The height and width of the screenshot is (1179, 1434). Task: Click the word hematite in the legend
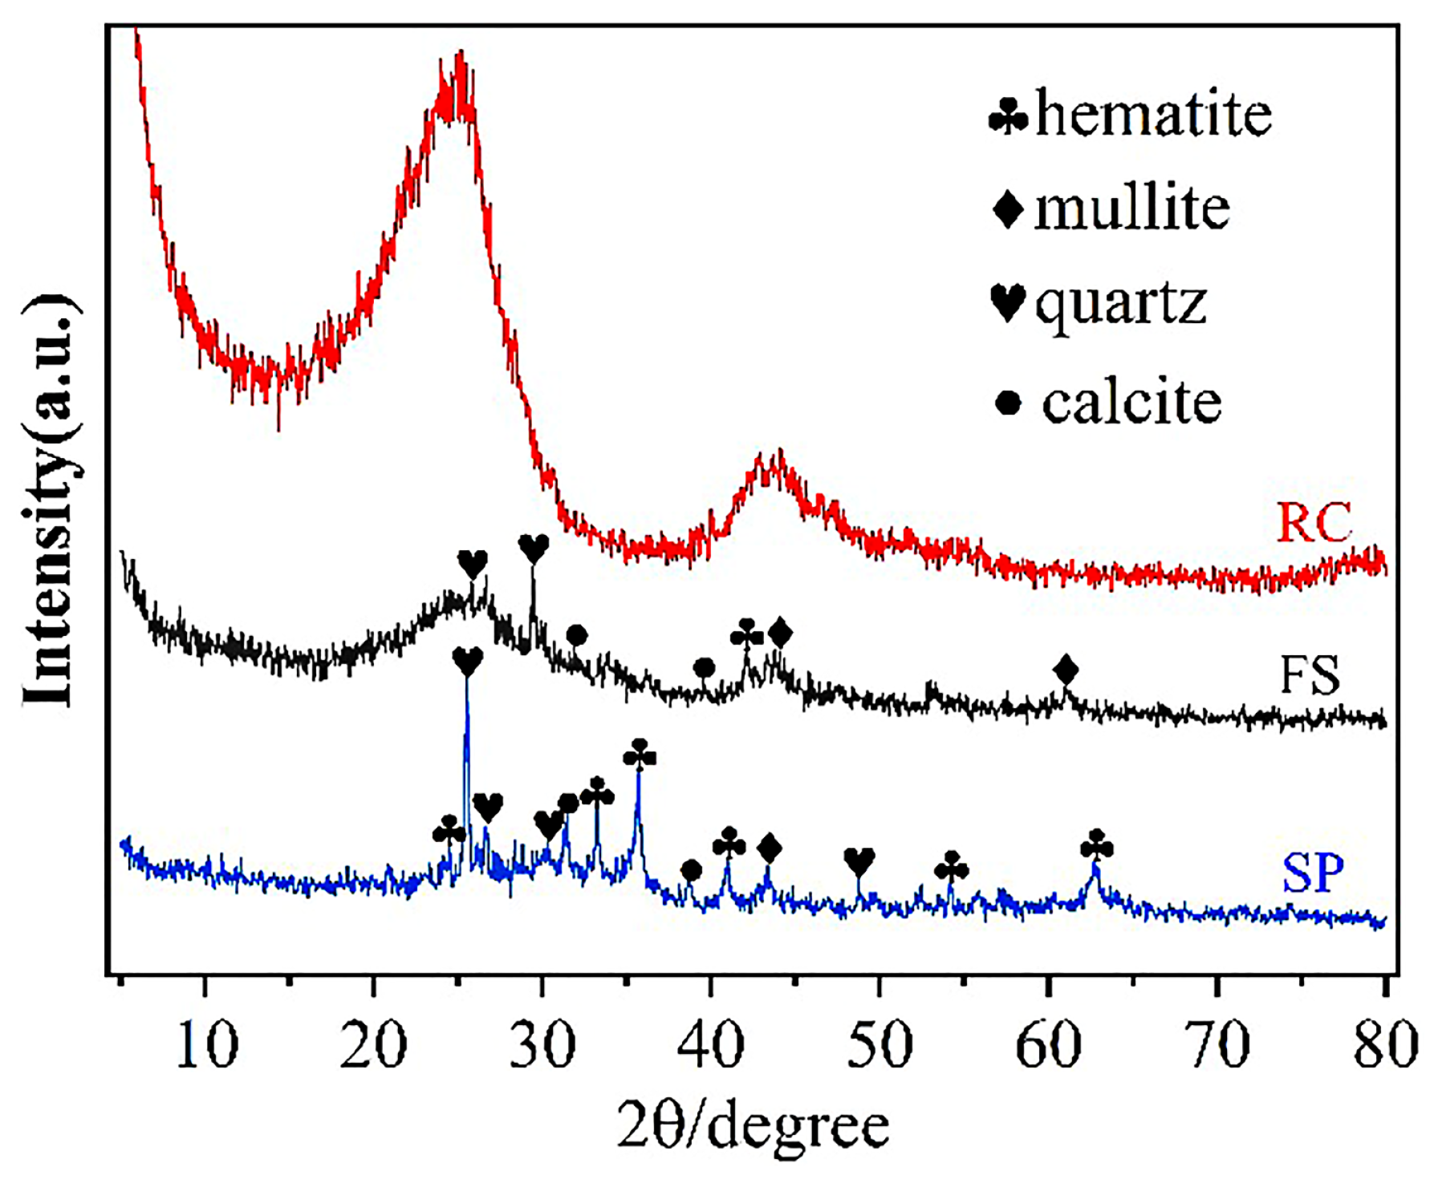1153,114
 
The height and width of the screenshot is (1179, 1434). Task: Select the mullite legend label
1132,209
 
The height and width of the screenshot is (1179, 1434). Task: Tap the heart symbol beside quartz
1008,302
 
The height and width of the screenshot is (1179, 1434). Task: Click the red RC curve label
1314,523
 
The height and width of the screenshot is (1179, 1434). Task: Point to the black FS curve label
1310,675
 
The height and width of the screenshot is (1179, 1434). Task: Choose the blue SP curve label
1313,873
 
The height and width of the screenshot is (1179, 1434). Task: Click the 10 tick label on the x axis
207,1045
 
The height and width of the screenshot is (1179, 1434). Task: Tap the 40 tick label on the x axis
711,1045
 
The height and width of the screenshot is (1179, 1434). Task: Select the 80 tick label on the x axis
1385,1045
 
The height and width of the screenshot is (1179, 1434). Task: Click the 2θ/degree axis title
753,1125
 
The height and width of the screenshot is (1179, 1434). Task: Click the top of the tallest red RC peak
460,55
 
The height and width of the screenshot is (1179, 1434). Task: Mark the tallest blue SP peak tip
467,682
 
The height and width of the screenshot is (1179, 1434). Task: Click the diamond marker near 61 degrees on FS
1066,669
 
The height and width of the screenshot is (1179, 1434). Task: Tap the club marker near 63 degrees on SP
1097,846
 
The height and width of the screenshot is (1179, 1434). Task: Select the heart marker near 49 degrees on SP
859,863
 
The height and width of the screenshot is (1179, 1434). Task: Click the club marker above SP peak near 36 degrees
640,756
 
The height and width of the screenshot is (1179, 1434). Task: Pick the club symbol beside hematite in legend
1008,116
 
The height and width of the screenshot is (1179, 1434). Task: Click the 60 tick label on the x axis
1048,1045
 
